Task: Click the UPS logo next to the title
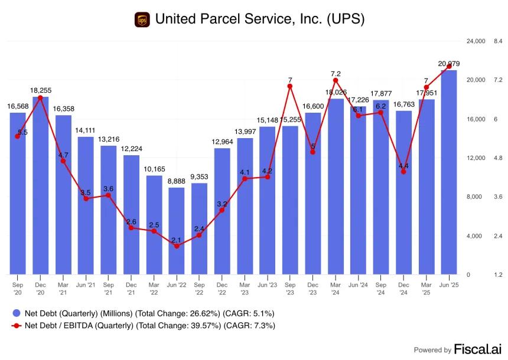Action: (142, 19)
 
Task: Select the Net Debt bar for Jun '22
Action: (177, 231)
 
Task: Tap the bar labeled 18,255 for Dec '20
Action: (41, 185)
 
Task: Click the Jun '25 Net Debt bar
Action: (449, 172)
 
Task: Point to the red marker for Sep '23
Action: (290, 86)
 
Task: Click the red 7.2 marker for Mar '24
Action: (336, 80)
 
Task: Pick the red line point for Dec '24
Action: (403, 172)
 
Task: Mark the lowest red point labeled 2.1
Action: (177, 246)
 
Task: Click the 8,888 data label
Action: (177, 181)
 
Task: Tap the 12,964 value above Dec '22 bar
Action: (222, 142)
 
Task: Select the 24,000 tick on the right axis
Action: (476, 41)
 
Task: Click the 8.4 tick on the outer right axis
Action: (498, 41)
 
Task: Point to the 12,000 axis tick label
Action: (476, 158)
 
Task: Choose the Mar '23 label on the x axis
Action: (245, 289)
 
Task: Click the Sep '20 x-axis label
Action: (18, 289)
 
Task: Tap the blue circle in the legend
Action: (17, 313)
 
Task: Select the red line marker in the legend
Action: (17, 326)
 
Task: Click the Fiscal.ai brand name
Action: (477, 349)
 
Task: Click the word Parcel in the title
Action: (220, 19)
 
